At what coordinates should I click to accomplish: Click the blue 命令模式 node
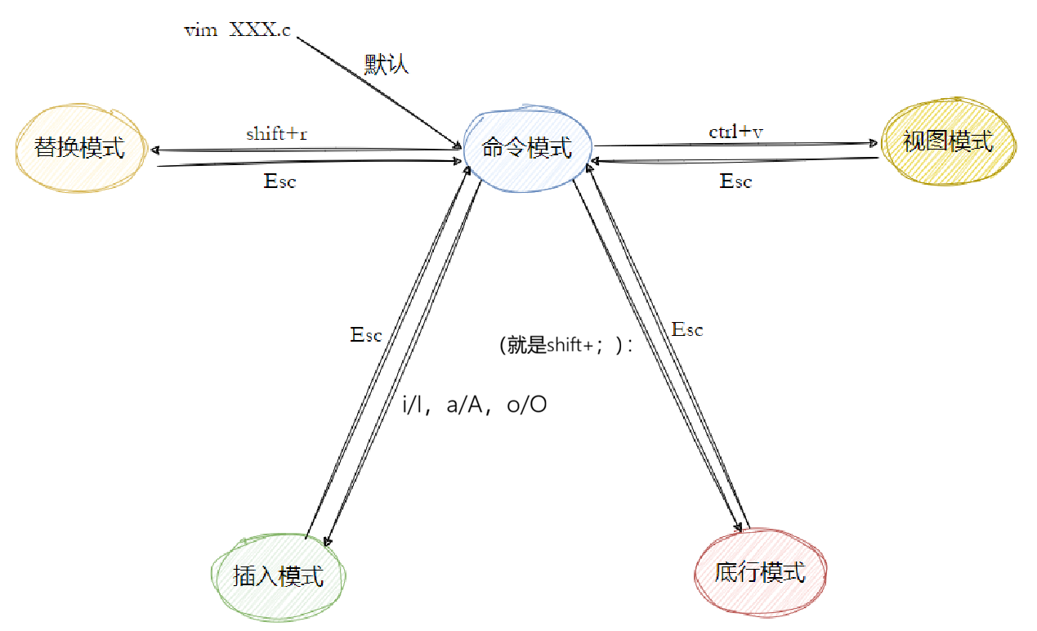[527, 148]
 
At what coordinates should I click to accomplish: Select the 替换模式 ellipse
[80, 148]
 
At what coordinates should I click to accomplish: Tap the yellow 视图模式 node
[948, 142]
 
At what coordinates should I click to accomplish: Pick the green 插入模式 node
[279, 576]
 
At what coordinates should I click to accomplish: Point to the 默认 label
[386, 65]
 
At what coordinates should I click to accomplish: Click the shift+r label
[276, 134]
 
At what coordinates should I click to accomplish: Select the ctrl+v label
[735, 132]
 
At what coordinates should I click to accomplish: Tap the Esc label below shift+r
[279, 181]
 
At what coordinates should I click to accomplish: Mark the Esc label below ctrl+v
[735, 181]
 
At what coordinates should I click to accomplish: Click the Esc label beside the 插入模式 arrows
[365, 335]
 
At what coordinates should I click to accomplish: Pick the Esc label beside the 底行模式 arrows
[686, 330]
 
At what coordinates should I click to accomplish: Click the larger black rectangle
[587, 360]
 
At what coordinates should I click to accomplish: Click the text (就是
[521, 345]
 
